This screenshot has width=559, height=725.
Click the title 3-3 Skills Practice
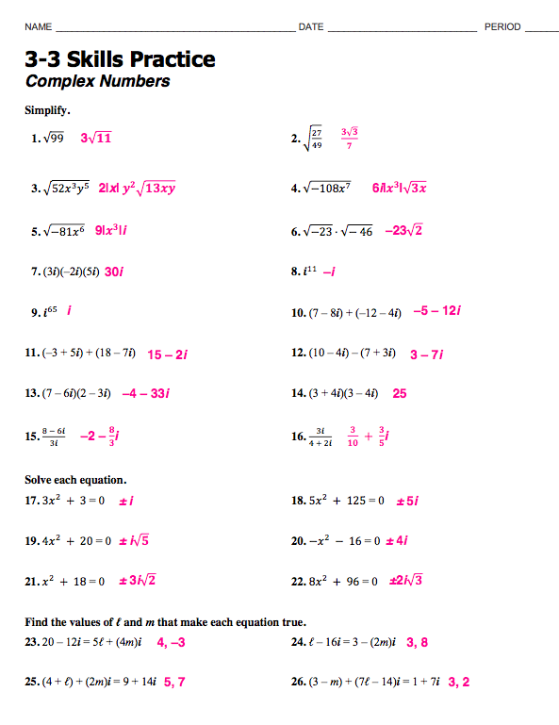tap(120, 60)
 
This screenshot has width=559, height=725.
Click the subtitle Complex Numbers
tap(97, 81)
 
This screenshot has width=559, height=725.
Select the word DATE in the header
tap(311, 27)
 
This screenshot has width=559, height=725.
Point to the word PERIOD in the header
tap(502, 27)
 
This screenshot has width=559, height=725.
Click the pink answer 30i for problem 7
tap(114, 272)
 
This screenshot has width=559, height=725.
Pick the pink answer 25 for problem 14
tap(400, 394)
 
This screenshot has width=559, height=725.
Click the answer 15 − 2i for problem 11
tap(168, 354)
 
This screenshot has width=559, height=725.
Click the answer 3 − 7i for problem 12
tap(427, 354)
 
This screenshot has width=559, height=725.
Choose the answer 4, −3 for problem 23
tap(171, 642)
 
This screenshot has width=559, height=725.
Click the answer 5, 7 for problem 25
tap(174, 682)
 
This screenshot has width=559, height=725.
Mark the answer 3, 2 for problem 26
tap(459, 682)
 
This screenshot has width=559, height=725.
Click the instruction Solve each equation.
tap(75, 480)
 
